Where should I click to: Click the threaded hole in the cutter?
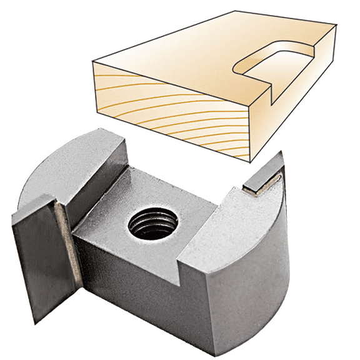point(153,222)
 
